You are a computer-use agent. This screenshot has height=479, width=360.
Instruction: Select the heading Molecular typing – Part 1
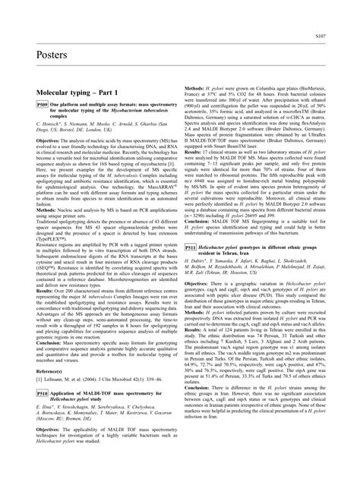(64, 90)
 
